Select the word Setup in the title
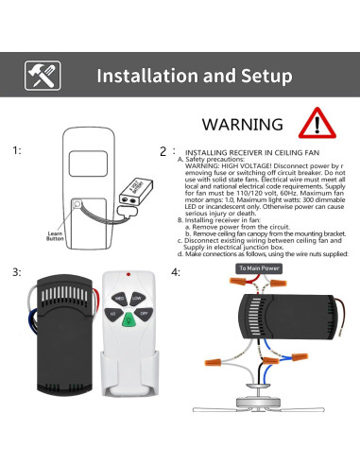(260, 76)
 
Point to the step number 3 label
(16, 272)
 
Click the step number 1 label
(16, 149)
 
